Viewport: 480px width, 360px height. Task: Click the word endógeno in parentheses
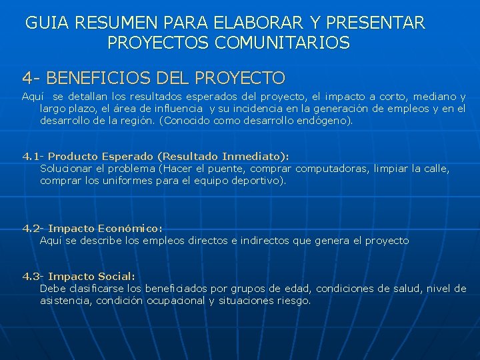321,121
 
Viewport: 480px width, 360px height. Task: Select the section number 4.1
31,157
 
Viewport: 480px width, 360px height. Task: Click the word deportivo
256,181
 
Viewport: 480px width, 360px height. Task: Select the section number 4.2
31,228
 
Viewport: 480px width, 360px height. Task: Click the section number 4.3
31,276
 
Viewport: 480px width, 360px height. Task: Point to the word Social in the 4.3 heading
117,276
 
